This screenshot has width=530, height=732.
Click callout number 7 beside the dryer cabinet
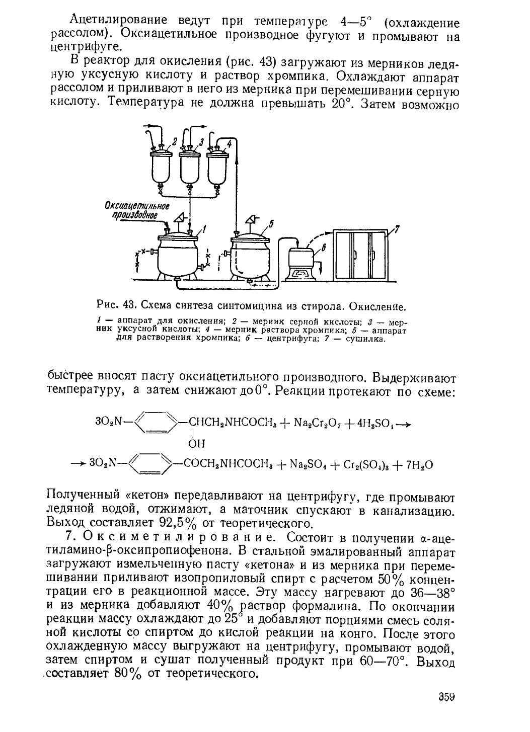[396, 230]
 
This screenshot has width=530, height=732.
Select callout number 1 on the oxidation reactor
[205, 231]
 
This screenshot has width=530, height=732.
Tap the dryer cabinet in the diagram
[360, 257]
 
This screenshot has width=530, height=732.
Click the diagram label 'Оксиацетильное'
[137, 206]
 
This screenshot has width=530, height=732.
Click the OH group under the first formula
[196, 443]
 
